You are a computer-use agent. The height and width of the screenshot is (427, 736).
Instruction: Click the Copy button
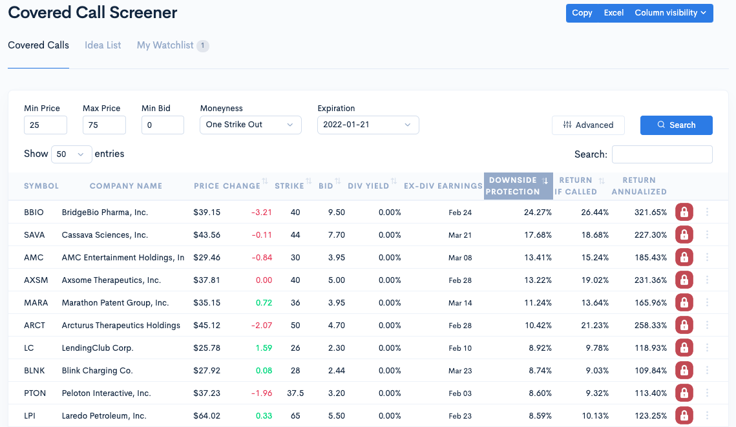coord(582,13)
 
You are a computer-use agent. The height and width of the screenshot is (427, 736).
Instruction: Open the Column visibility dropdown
coord(670,13)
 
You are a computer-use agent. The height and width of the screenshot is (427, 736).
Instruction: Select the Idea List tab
coord(103,45)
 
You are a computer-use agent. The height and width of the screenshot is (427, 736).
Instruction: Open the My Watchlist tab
coord(165,45)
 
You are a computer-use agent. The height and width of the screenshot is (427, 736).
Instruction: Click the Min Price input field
coord(45,125)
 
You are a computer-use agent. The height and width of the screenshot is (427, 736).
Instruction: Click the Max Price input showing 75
coord(104,125)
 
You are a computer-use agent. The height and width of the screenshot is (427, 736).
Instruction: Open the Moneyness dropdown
coord(250,125)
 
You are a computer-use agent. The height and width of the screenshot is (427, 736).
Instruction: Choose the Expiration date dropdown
coord(368,125)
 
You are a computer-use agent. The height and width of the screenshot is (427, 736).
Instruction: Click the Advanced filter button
coord(588,125)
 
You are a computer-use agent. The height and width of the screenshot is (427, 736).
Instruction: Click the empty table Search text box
coord(662,154)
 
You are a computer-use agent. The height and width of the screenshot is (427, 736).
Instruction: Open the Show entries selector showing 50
coord(71,154)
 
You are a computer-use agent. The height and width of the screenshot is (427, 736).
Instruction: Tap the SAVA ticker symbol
coord(34,235)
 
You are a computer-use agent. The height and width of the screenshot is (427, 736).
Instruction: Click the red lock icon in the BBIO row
coord(684,212)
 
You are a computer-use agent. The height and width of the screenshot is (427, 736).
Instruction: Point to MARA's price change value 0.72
coord(264,303)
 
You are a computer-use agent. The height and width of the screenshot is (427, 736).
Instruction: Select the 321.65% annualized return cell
coord(650,213)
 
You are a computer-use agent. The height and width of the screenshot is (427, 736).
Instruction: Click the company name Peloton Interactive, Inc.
coord(106,393)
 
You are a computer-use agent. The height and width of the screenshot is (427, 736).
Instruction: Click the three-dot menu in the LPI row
coord(708,415)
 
